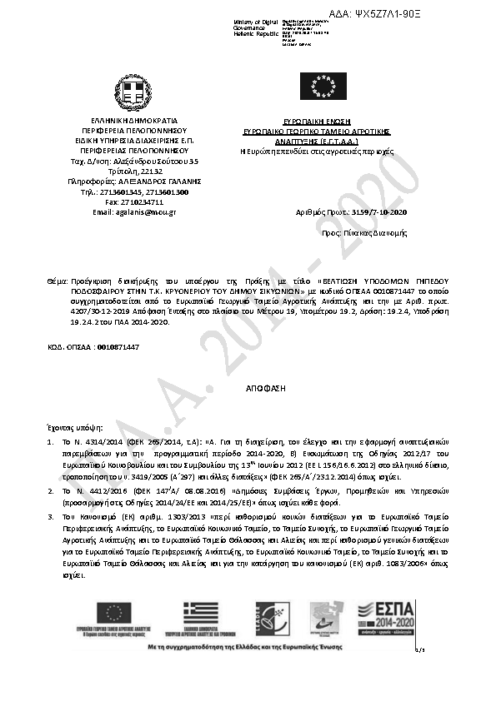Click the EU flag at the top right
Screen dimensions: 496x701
[x=323, y=86]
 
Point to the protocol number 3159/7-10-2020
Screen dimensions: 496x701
[x=379, y=212]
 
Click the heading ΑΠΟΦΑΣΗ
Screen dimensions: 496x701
[x=259, y=389]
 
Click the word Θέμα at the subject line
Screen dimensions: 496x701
[x=56, y=283]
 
